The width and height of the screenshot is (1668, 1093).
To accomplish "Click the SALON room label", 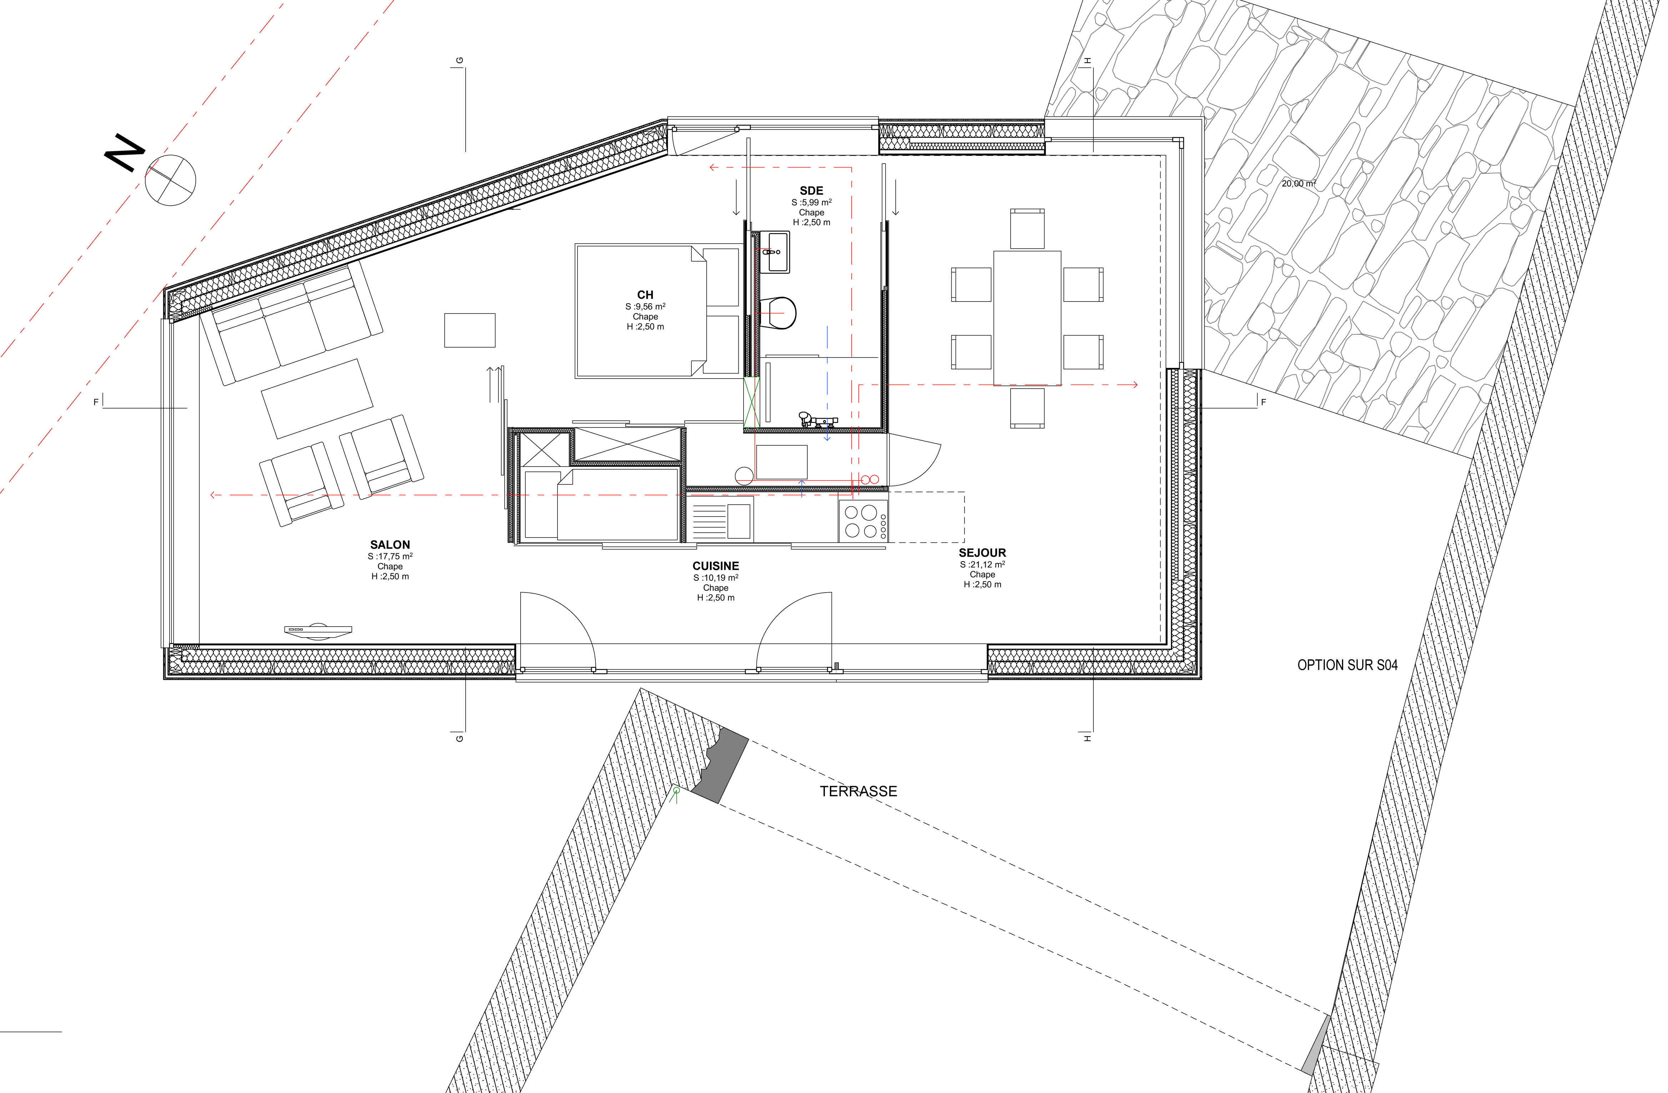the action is click(390, 545).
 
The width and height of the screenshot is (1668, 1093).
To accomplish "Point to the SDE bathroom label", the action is click(812, 191).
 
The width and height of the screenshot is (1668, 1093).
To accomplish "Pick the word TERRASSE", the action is click(858, 792).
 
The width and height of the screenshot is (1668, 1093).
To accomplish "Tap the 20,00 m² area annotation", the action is click(1299, 184).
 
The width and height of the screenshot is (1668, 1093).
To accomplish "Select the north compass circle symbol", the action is click(170, 180).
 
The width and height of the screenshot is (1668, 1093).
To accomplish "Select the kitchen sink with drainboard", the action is click(722, 520).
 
